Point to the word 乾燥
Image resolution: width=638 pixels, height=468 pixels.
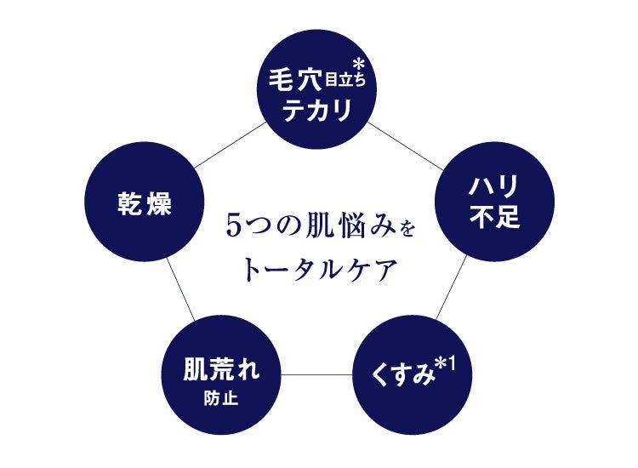pyautogui.click(x=145, y=205)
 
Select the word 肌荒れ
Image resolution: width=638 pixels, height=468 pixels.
pyautogui.click(x=221, y=370)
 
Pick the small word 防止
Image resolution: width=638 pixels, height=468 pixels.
pyautogui.click(x=221, y=396)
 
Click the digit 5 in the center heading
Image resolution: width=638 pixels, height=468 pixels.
pyautogui.click(x=236, y=227)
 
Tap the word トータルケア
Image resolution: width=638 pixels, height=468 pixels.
pyautogui.click(x=320, y=270)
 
